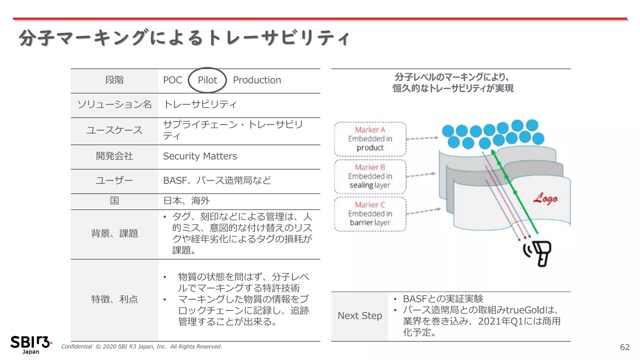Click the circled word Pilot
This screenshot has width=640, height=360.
pos(207,80)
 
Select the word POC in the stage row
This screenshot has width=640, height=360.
pos(172,80)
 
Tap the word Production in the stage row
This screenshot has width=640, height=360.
pos(257,80)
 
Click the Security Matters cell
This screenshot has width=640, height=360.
pos(200,156)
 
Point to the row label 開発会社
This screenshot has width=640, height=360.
pos(114,156)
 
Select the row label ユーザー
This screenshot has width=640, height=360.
pos(114,180)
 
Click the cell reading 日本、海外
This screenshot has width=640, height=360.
pos(187,201)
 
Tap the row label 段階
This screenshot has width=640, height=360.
pos(114,80)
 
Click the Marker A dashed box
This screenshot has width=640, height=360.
pos(370,139)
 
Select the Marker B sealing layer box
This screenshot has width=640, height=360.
pos(370,176)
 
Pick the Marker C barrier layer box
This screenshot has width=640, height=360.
pos(370,214)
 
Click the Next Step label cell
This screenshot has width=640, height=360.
pos(360,316)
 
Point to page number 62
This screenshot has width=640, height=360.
pos(624,347)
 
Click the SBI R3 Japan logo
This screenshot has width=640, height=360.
pos(30,344)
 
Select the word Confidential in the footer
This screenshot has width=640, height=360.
pos(77,347)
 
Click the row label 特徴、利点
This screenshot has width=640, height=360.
pos(114,299)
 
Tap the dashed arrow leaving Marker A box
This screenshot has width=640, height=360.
pos(422,138)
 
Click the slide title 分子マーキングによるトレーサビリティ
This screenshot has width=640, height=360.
pos(184,38)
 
